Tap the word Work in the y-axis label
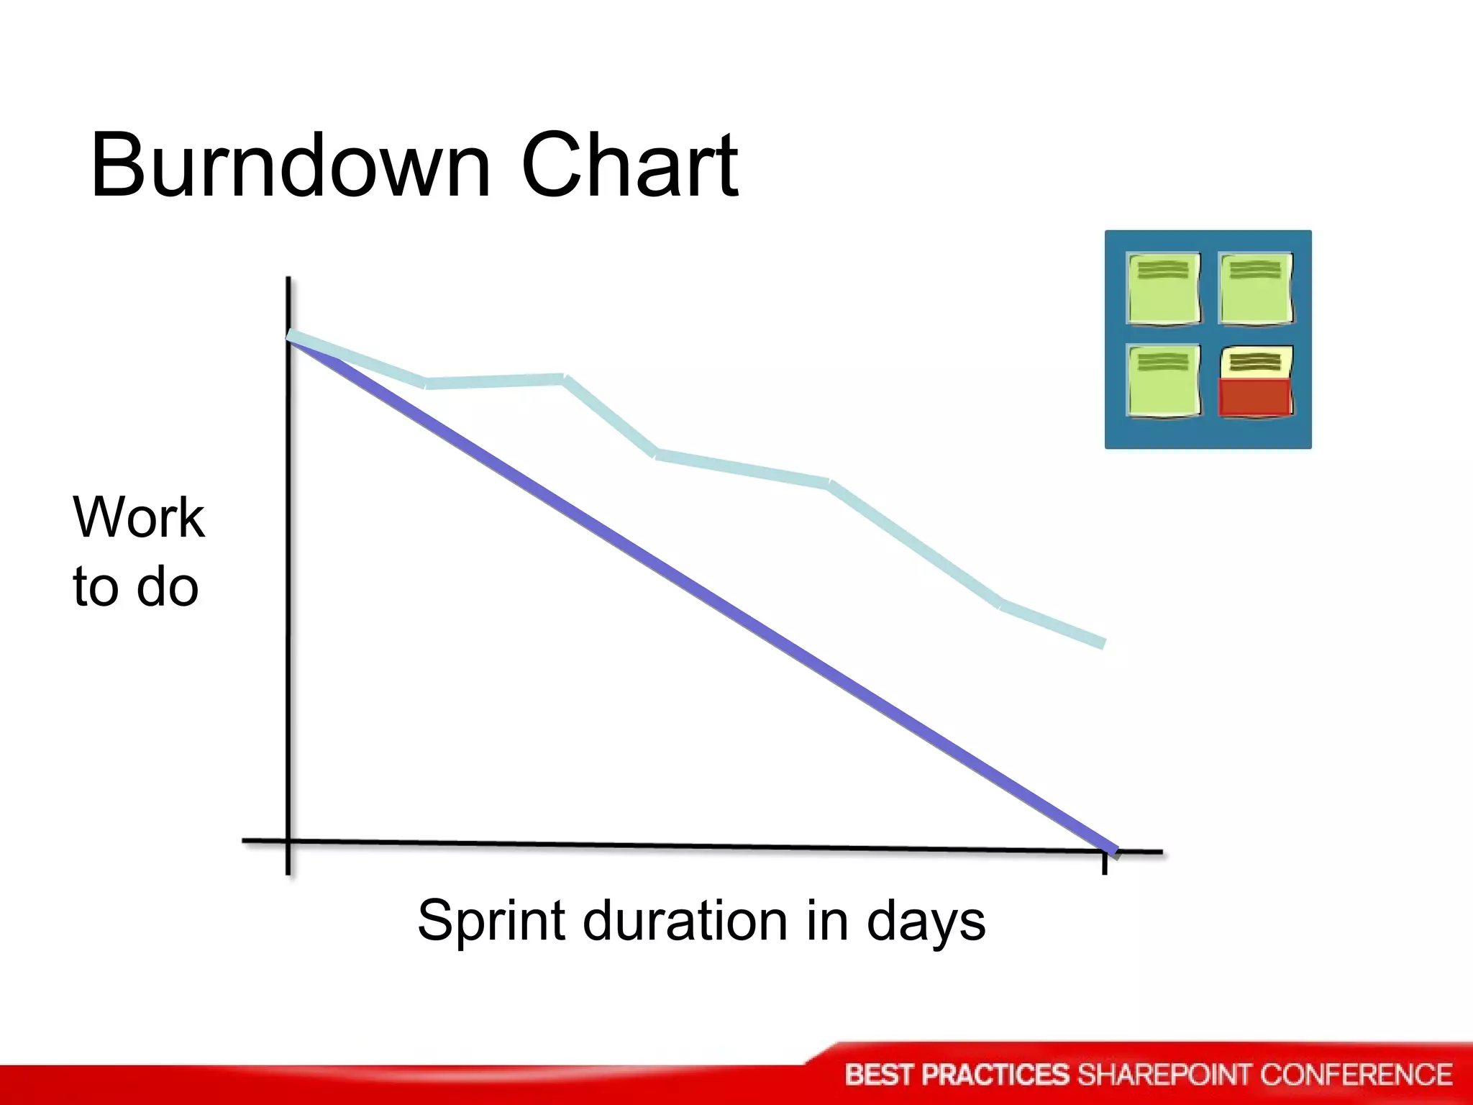click(138, 517)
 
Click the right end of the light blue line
click(1101, 642)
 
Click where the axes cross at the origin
click(288, 840)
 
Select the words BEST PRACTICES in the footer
click(957, 1075)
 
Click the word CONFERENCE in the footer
click(1356, 1075)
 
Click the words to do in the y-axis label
click(135, 586)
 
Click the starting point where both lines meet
click(290, 337)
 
